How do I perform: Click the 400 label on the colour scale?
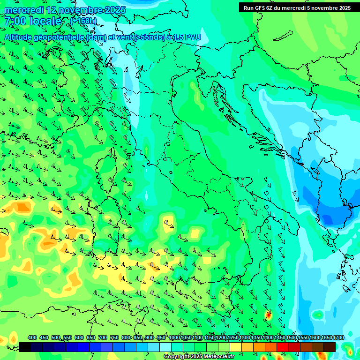click(32, 337)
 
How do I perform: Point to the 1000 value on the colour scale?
click(174, 337)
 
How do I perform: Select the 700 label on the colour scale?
click(102, 337)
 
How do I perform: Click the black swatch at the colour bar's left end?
click(25, 347)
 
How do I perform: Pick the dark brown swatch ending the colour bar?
click(330, 347)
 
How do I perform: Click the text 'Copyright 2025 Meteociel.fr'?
click(199, 357)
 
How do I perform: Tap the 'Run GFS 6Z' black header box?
click(297, 7)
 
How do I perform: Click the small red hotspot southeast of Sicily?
click(268, 315)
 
